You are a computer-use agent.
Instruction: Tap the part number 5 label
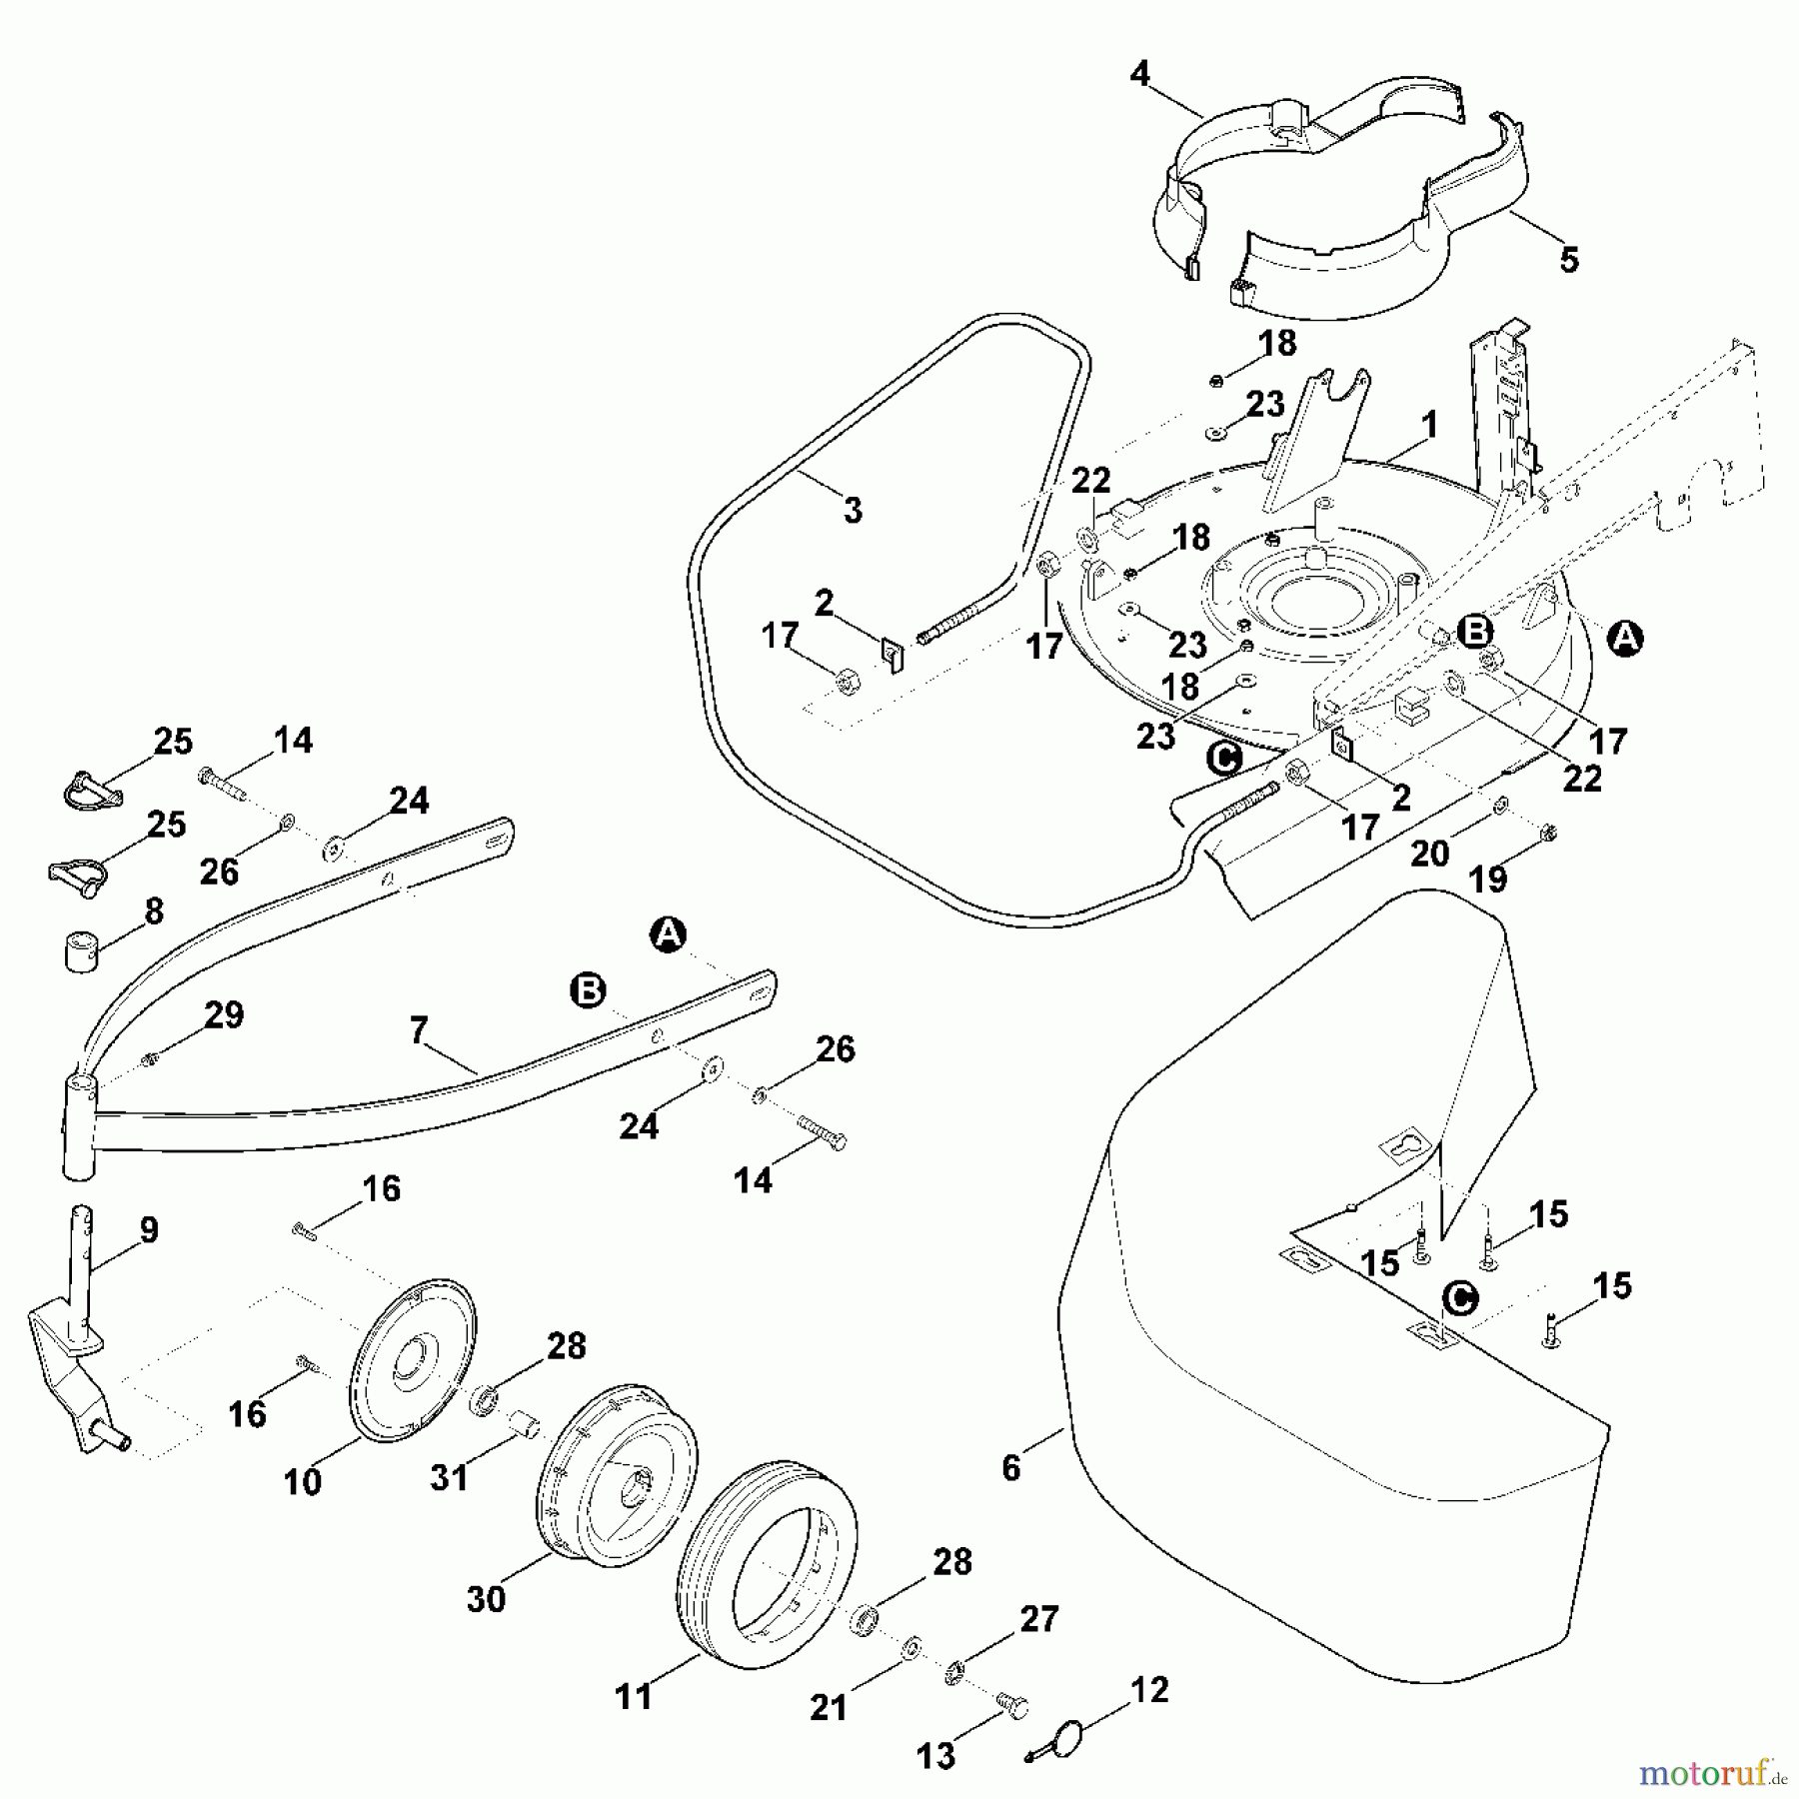point(1569,260)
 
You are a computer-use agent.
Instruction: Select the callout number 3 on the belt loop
point(852,511)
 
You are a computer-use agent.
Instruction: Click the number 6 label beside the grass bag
point(1010,1467)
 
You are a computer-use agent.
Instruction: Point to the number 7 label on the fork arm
point(418,1029)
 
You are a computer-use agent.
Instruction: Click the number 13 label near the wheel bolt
point(935,1756)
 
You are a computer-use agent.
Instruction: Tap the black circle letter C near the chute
point(1223,760)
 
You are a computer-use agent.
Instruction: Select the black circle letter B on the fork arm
point(588,990)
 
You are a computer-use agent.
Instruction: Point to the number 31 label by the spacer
point(449,1477)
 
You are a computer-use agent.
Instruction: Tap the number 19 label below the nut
point(1488,880)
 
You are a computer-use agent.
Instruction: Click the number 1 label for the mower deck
point(1429,426)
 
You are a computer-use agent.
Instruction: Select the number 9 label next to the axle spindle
point(148,1229)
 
